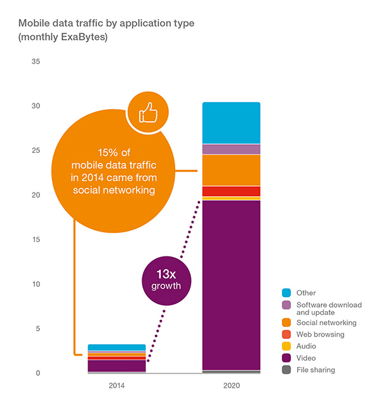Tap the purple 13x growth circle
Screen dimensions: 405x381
click(x=166, y=279)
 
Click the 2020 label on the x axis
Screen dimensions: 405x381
click(x=231, y=385)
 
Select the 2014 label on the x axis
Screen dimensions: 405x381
click(x=117, y=385)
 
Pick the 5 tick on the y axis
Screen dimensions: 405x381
click(x=37, y=328)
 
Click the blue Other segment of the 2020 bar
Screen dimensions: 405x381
click(x=231, y=123)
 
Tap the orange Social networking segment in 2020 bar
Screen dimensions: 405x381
click(x=231, y=170)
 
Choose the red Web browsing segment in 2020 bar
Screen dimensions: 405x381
click(x=231, y=191)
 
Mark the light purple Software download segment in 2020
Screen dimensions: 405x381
click(x=231, y=149)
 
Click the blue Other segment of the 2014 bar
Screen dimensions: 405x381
click(x=117, y=347)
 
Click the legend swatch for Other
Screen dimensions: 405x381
click(x=286, y=293)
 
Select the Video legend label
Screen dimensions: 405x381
click(x=307, y=358)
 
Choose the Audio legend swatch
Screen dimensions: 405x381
click(x=286, y=346)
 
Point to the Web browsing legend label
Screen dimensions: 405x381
click(x=321, y=335)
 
